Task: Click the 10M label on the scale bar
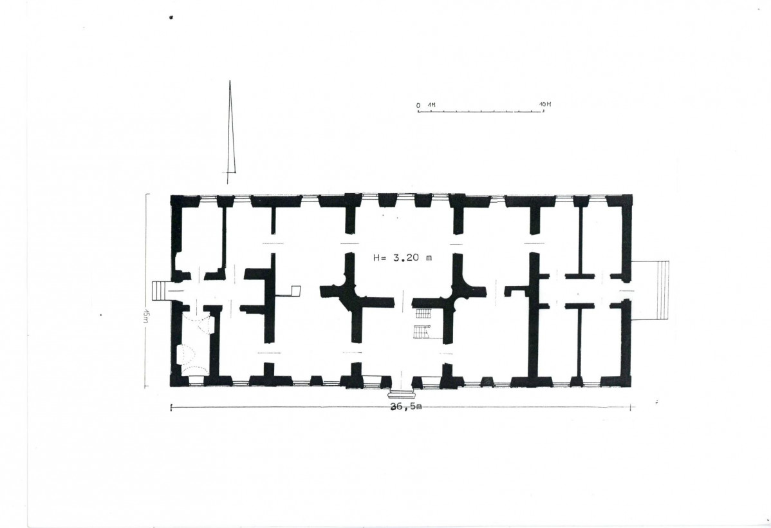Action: click(545, 104)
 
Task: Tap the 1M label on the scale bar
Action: click(431, 105)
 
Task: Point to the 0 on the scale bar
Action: click(418, 106)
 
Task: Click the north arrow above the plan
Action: click(230, 132)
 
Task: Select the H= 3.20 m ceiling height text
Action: click(402, 258)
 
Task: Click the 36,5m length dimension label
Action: click(405, 406)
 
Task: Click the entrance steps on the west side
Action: click(160, 290)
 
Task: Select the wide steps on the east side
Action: click(650, 290)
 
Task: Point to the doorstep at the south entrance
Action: click(402, 393)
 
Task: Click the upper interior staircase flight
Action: click(423, 313)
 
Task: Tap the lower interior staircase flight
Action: click(422, 332)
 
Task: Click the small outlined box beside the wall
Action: click(295, 291)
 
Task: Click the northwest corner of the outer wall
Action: click(171, 196)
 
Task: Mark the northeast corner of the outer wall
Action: click(631, 195)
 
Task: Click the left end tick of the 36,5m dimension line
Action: click(171, 407)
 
